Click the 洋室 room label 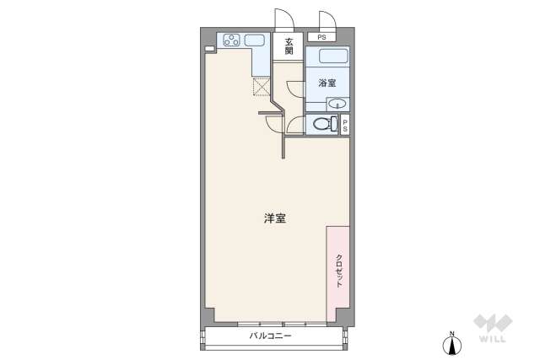coord(274,219)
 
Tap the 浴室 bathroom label coord(327,83)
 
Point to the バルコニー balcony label coord(270,336)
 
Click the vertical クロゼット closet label coord(339,271)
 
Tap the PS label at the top coord(321,37)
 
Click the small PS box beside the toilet coord(344,124)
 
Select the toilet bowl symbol coord(321,124)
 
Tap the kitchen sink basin coord(256,40)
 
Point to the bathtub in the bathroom coord(327,57)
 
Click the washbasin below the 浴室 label coord(336,105)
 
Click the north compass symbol coord(452,342)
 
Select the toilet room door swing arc coord(294,125)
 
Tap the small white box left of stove coord(210,49)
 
